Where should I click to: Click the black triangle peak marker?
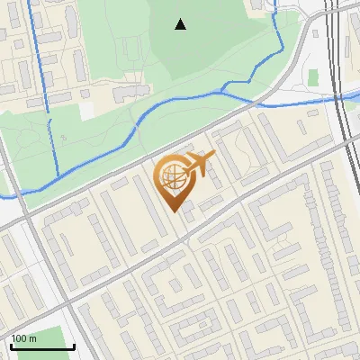click(x=181, y=24)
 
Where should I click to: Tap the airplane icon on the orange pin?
click(x=197, y=164)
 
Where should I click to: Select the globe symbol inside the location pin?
click(x=171, y=177)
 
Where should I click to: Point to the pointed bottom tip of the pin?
click(x=175, y=211)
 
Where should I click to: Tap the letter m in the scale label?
click(x=31, y=338)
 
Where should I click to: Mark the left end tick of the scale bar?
click(x=11, y=346)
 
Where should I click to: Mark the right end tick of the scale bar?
click(x=73, y=346)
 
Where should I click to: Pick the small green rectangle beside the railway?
click(x=313, y=77)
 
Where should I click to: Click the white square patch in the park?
click(x=86, y=109)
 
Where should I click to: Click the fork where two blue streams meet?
click(x=222, y=91)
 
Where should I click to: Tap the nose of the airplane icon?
click(x=213, y=157)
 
